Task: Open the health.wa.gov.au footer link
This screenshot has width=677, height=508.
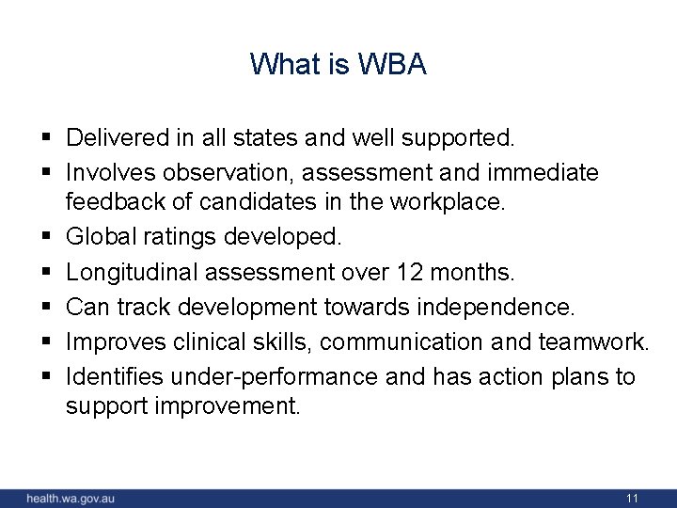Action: tap(71, 498)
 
